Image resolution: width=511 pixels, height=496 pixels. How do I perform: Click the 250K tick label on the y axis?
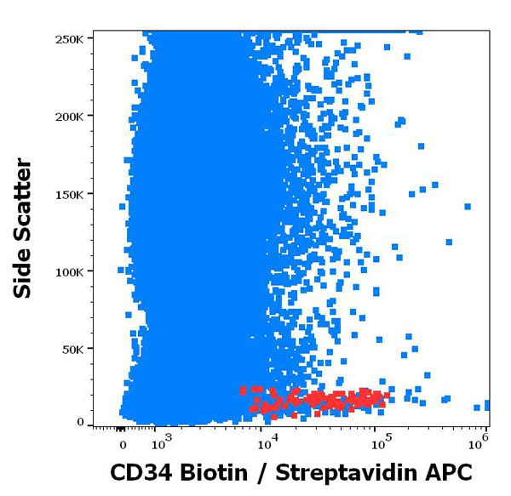pyautogui.click(x=69, y=38)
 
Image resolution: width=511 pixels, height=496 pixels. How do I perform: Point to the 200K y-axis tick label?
pyautogui.click(x=69, y=116)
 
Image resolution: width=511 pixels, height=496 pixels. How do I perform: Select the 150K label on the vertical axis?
pyautogui.click(x=69, y=194)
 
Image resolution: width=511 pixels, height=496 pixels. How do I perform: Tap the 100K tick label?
pyautogui.click(x=69, y=271)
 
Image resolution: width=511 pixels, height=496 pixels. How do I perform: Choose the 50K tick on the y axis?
pyautogui.click(x=72, y=349)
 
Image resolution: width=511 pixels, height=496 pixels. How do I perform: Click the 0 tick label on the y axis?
pyautogui.click(x=80, y=423)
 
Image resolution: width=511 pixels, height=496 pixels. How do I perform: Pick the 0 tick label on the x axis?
pyautogui.click(x=122, y=444)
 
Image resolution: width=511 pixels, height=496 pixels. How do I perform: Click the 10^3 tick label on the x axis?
pyautogui.click(x=160, y=442)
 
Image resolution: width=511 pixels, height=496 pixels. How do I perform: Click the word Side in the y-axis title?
pyautogui.click(x=23, y=271)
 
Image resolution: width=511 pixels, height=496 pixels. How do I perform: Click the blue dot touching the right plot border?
pyautogui.click(x=487, y=406)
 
